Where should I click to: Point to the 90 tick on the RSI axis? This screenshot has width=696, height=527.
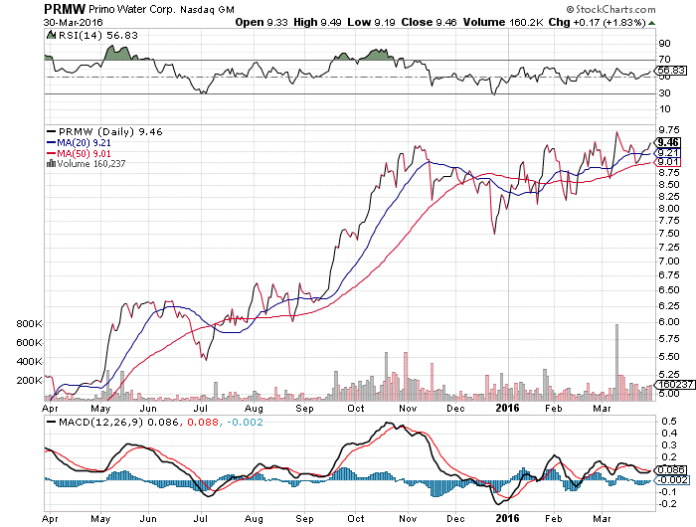click(x=665, y=43)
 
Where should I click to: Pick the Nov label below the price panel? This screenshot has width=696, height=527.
click(x=408, y=406)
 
